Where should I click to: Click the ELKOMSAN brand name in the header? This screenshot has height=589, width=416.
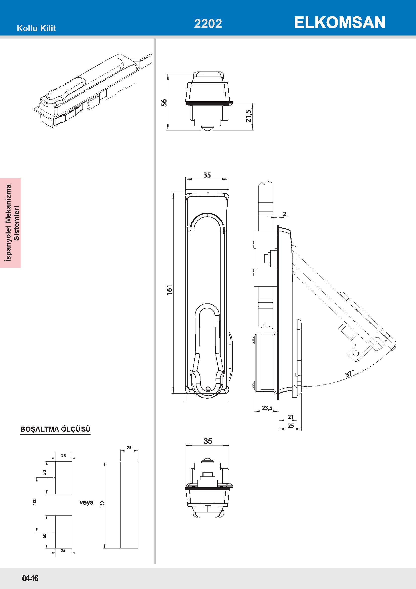[339, 23]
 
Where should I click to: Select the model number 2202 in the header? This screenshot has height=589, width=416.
[208, 24]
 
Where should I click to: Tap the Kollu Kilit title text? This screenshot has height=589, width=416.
[36, 28]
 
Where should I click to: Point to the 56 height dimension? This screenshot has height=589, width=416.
[164, 102]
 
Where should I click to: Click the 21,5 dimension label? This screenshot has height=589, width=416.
[248, 116]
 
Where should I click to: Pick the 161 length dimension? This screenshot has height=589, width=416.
[169, 290]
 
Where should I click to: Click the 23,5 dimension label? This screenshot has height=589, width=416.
[267, 408]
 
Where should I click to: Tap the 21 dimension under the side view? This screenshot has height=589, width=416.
[290, 417]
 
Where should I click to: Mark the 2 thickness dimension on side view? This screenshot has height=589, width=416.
[285, 214]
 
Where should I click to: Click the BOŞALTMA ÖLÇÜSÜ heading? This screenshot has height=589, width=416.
[55, 429]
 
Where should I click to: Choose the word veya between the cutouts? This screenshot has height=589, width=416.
[87, 502]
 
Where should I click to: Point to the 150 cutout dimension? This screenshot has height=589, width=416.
[102, 505]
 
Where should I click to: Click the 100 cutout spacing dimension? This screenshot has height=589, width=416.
[34, 502]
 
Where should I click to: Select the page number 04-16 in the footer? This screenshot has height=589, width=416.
[30, 578]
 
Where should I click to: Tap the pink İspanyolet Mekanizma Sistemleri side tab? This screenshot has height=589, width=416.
[11, 223]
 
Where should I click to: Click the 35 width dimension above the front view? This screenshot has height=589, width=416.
[207, 175]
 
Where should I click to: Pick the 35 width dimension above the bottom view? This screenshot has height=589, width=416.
[208, 441]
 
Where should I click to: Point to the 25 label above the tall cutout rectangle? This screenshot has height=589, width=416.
[129, 448]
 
